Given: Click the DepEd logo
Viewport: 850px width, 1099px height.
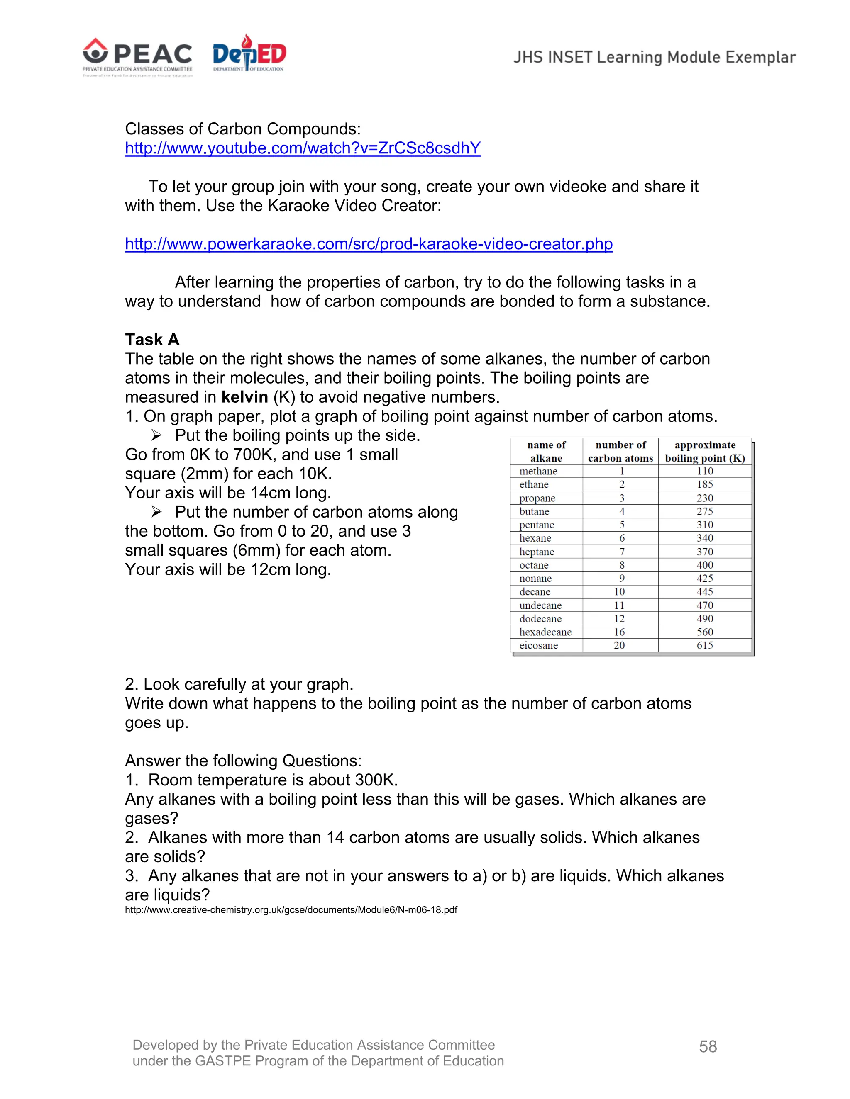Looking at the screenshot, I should [x=249, y=54].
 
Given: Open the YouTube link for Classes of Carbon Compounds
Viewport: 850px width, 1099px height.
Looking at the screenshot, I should [x=303, y=148].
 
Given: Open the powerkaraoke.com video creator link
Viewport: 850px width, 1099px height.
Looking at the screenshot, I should [x=369, y=244].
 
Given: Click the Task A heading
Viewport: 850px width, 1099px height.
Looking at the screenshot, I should [x=152, y=340].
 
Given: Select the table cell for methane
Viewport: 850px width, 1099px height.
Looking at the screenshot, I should [x=538, y=472].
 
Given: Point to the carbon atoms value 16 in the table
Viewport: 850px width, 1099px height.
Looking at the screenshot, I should [x=619, y=632].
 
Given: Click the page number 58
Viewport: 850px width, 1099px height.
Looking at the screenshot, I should [x=708, y=1047].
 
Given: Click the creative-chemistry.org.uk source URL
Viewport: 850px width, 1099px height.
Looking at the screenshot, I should [x=291, y=910].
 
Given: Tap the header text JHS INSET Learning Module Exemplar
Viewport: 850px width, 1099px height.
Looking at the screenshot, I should [x=654, y=57].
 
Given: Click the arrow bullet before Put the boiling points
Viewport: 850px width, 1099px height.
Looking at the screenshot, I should [x=156, y=435].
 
